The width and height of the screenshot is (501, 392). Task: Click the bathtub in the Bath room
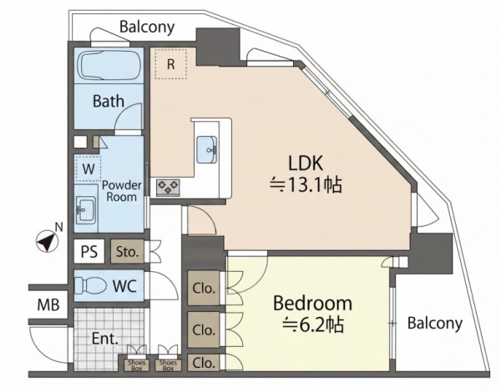point(109,66)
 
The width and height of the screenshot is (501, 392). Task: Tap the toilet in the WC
point(90,284)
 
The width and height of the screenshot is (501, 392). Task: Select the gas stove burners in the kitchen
point(168,188)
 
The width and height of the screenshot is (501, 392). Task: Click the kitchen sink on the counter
point(206,149)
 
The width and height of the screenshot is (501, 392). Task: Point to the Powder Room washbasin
point(86,209)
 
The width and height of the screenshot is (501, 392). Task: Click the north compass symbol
point(47,241)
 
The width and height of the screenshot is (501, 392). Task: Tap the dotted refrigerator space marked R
point(170,64)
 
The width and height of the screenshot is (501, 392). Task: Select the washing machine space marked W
point(88,168)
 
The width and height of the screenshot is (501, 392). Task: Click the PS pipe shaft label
point(89,252)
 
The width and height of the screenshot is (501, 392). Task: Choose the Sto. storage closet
point(127,252)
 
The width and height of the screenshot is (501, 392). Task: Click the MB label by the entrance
point(48,305)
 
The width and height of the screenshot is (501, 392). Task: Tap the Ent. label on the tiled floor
point(105,339)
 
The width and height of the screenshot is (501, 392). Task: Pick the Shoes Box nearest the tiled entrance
point(136,365)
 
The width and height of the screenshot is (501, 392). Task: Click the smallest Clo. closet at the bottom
point(203,363)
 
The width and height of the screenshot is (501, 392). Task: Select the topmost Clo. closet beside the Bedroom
point(203,288)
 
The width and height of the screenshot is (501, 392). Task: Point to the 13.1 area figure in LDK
point(306,185)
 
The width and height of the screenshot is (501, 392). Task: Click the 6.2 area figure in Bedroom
point(312,325)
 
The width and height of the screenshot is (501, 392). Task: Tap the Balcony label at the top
point(147,28)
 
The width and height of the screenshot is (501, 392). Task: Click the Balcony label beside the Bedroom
point(435,324)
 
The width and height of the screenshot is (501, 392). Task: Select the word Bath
point(109,101)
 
